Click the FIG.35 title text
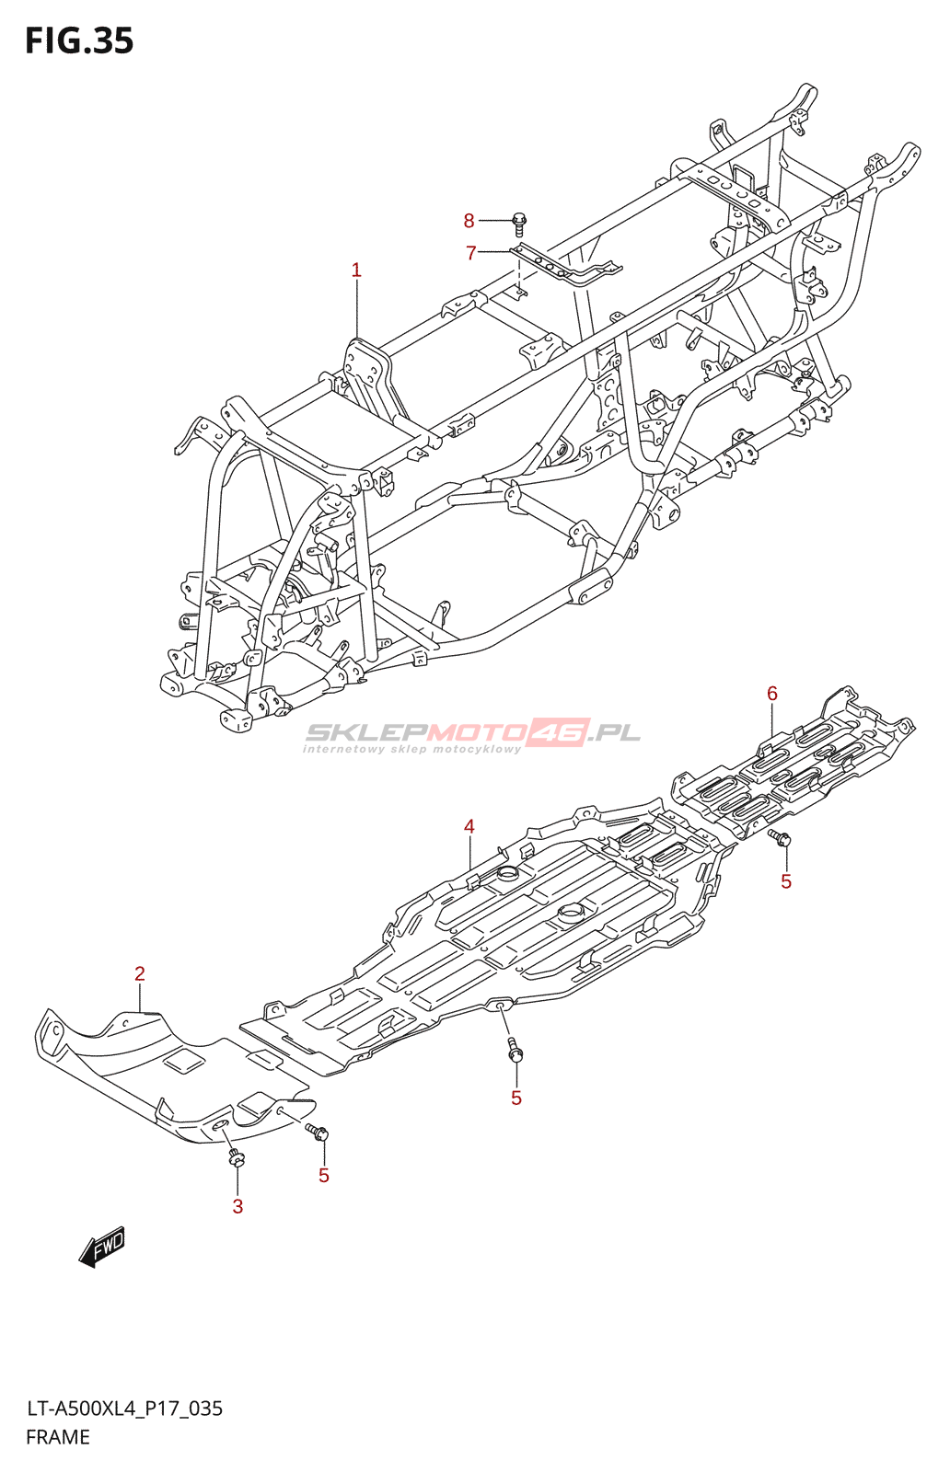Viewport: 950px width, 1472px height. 79,41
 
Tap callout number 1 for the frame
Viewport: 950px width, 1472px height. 356,270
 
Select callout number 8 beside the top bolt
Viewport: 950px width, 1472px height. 469,221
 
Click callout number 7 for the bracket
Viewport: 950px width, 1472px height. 470,252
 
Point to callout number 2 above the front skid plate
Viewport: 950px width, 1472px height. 139,973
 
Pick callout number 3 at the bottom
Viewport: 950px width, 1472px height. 238,1206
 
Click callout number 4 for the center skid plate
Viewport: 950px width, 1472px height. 469,826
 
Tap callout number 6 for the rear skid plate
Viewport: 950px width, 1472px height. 771,694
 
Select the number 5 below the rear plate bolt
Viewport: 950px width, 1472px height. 786,882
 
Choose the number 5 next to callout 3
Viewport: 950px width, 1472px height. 323,1175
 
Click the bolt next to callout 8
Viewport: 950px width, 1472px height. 518,224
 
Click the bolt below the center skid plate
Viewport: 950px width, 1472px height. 515,1050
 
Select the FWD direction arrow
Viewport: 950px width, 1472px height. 101,1247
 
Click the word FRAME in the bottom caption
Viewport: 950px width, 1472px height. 58,1436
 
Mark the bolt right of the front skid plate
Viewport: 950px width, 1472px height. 317,1131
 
